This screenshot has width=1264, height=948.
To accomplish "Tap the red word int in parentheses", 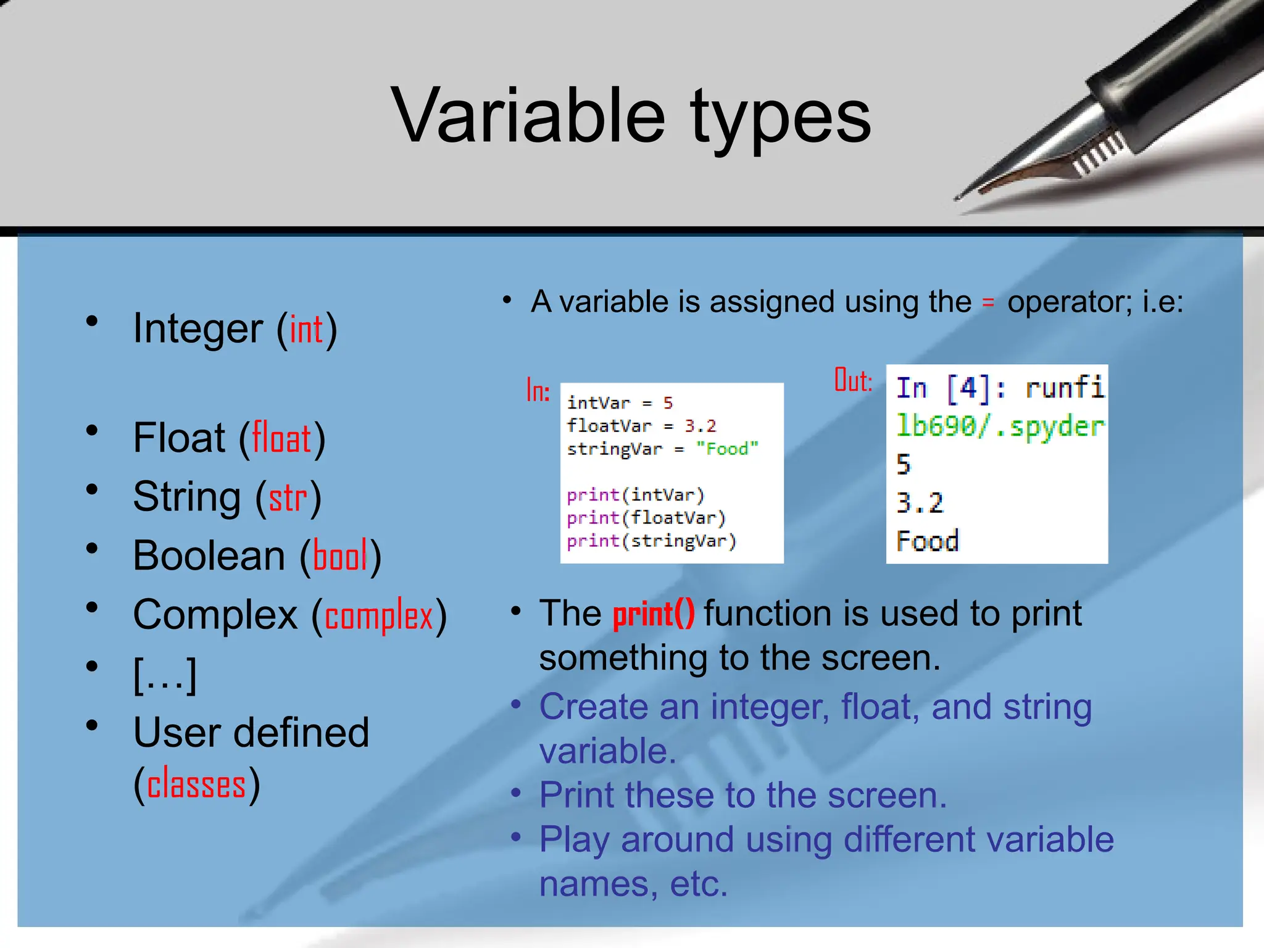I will click(x=306, y=329).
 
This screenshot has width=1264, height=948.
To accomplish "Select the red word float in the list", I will click(x=282, y=438).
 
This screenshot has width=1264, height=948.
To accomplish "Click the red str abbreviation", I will click(x=288, y=497).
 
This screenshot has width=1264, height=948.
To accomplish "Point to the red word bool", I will click(x=340, y=555).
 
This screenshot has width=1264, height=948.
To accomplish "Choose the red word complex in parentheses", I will click(x=379, y=616).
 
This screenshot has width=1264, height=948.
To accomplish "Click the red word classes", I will click(x=196, y=785).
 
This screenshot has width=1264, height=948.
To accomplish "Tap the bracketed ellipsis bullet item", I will click(x=165, y=675).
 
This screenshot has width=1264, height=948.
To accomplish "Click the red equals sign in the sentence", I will click(x=988, y=302).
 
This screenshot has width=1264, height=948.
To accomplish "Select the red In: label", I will click(x=538, y=391).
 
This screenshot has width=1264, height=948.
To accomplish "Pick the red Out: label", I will click(x=853, y=380).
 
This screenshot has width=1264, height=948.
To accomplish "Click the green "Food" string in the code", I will click(x=727, y=449).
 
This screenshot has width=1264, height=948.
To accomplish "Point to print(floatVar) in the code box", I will click(x=646, y=518).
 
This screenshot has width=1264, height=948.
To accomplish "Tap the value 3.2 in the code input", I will click(x=700, y=426).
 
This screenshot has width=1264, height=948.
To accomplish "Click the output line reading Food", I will click(x=928, y=541).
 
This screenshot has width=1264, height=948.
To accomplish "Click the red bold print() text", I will click(x=654, y=614).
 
